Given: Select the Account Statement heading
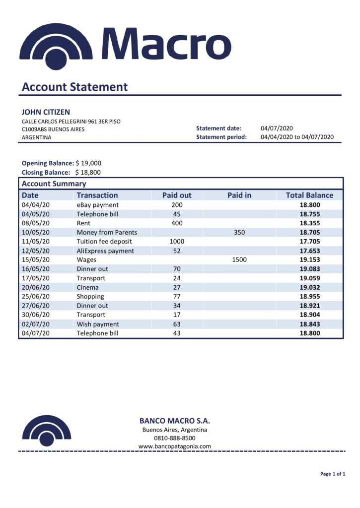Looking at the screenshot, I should coord(74,87).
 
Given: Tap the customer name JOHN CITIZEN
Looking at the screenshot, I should coord(46,112).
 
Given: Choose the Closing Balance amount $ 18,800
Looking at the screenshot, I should coord(88,173).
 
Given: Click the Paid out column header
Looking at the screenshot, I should coord(177,195).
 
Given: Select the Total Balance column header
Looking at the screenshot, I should coord(309,195).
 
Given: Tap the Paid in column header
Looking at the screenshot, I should coord(239,195).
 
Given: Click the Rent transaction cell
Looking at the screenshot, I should coord(83,223).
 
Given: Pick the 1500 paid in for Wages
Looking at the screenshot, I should coord(239,260).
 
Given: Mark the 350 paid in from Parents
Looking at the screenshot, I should coord(239,232).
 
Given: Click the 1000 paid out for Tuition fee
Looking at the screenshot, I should coord(177,242).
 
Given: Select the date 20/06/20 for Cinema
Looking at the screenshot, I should coord(36,287).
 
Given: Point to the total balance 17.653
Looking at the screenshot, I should coord(309,251).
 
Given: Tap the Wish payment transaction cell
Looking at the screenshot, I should coord(98,324).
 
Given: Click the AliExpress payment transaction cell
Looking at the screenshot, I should coord(105,251).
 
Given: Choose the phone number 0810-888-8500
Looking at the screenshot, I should coord(174,438).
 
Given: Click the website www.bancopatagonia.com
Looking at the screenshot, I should coord(174,446).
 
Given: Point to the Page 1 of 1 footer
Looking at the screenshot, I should coord(333,474).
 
